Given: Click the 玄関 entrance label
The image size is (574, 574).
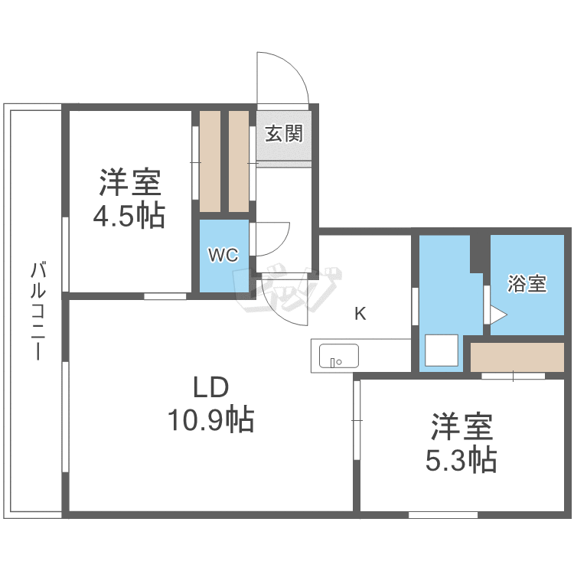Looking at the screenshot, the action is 284,134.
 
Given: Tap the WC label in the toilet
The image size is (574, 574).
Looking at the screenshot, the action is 223,255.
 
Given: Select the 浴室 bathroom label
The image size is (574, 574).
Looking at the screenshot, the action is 527,284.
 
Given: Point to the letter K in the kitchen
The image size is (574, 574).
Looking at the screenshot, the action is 360,314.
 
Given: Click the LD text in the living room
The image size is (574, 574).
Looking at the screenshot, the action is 211,387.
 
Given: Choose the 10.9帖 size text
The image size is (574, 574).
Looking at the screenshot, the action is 211,419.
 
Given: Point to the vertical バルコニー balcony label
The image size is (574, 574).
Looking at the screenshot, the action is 38,311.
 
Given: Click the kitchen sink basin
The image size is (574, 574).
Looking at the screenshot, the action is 338,355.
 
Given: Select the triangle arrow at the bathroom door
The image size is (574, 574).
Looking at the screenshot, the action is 498,315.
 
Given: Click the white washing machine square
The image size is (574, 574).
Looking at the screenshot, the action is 442,350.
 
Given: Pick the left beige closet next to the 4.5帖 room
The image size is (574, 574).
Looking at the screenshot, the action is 210,161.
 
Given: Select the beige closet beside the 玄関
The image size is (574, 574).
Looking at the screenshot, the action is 239,161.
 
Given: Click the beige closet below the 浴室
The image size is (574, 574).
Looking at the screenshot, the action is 517,357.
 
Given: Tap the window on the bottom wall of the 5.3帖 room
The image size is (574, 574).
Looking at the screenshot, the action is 443,515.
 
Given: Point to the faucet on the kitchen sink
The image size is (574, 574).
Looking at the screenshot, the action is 332,363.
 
